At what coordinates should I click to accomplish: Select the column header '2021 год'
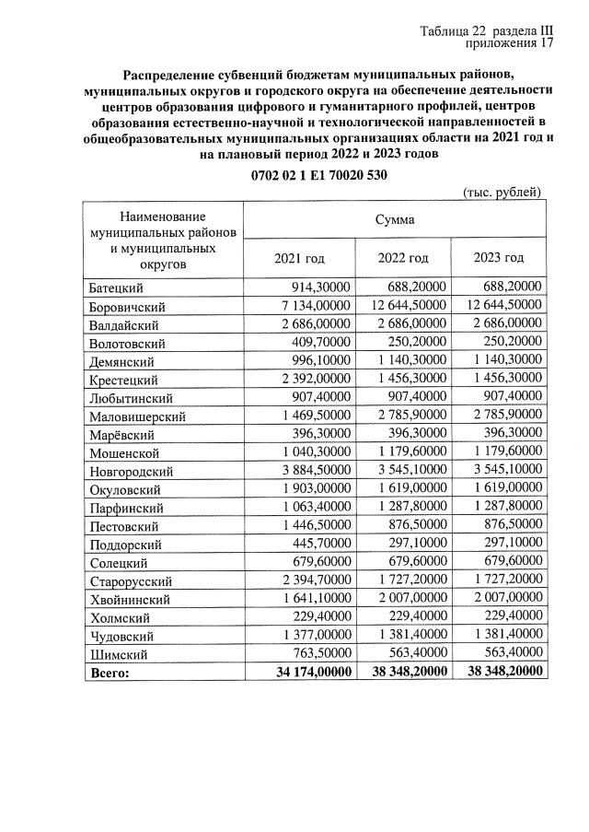pyautogui.click(x=300, y=258)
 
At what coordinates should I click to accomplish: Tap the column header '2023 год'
pyautogui.click(x=499, y=258)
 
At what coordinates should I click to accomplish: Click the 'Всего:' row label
pyautogui.click(x=110, y=673)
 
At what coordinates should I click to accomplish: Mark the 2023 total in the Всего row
pyautogui.click(x=504, y=673)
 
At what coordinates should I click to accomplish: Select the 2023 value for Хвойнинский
pyautogui.click(x=504, y=598)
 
